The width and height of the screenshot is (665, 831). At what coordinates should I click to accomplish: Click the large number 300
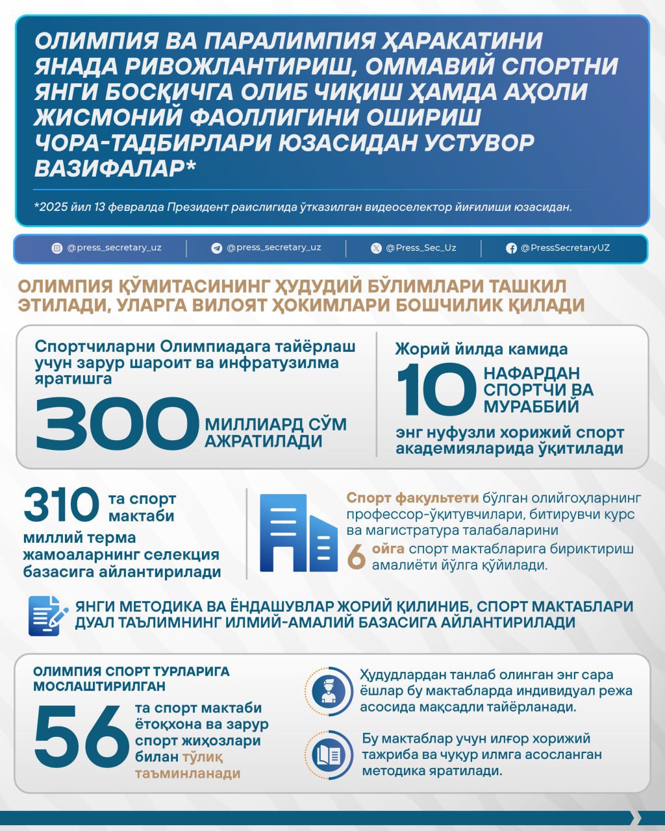click(x=117, y=423)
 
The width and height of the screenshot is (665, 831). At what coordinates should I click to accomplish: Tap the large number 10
click(x=436, y=390)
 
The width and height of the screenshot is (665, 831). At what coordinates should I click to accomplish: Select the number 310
click(x=61, y=506)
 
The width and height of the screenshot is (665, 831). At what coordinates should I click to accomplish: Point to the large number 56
click(x=82, y=738)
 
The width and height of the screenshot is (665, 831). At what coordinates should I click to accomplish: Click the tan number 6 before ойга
click(x=357, y=557)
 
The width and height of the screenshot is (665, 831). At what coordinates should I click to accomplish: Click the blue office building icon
click(x=298, y=533)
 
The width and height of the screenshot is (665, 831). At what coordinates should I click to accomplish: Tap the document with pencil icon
click(x=48, y=615)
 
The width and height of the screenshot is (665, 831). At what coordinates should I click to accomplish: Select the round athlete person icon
click(x=328, y=691)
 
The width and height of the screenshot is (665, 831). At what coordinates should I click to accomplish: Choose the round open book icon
click(x=328, y=754)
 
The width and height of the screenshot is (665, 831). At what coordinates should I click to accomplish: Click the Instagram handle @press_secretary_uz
click(x=114, y=248)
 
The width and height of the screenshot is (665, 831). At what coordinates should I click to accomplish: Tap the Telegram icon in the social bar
click(x=217, y=248)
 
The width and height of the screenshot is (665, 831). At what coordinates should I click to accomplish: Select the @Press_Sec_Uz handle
click(x=421, y=248)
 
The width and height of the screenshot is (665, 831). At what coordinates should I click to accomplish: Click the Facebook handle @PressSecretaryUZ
click(x=565, y=248)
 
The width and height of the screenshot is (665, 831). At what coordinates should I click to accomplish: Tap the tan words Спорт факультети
click(x=412, y=498)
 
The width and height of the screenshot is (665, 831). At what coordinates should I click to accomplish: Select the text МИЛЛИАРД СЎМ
click(x=276, y=425)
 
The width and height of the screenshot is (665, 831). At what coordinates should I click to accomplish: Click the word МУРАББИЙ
click(x=531, y=407)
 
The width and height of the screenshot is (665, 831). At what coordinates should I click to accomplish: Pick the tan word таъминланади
click(x=188, y=773)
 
